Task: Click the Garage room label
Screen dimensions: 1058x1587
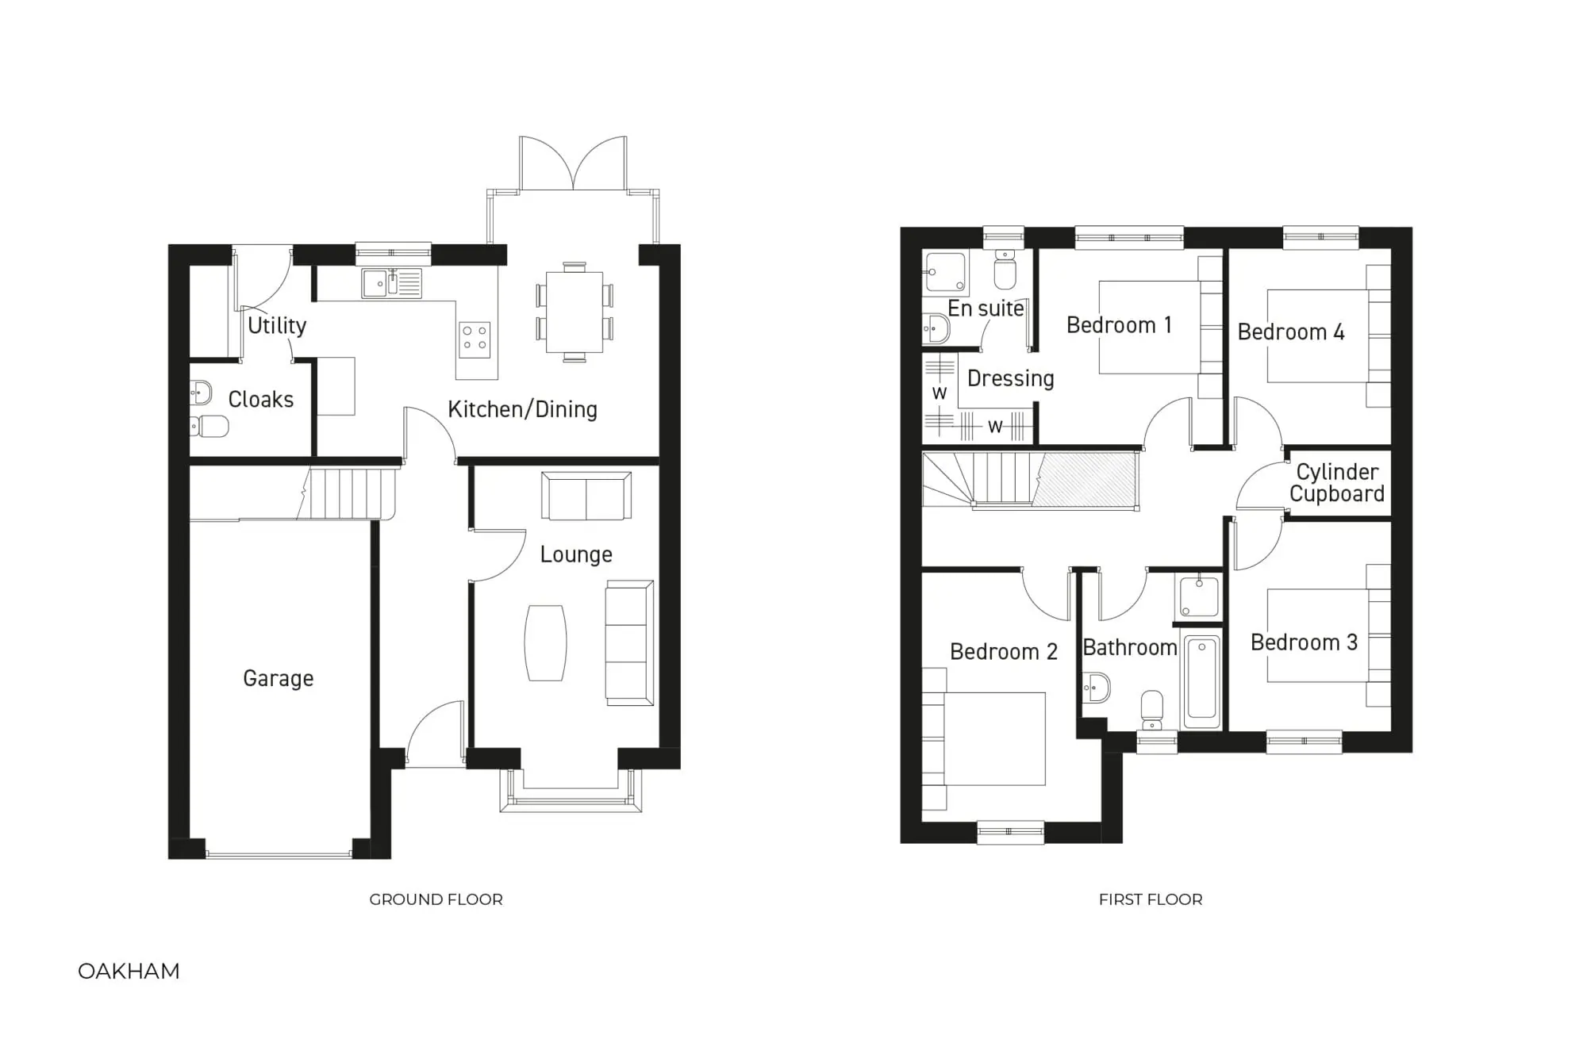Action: coord(278,678)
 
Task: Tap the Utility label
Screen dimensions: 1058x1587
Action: coord(277,325)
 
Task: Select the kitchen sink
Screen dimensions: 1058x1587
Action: coord(391,283)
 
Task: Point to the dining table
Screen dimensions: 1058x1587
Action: coord(574,312)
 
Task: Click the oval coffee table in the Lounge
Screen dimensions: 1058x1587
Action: coord(546,642)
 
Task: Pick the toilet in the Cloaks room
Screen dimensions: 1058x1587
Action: coord(210,426)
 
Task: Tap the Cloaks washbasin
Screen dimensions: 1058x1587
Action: coord(201,392)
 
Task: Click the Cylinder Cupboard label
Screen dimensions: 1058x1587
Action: coord(1337,483)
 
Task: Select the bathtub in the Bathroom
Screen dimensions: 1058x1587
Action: coord(1201,680)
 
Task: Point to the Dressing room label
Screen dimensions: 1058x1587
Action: coord(1010,378)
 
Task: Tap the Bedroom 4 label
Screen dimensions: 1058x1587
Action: coord(1290,332)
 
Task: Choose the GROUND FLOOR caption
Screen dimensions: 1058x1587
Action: coord(436,899)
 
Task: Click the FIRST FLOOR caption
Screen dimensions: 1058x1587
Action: coord(1151,899)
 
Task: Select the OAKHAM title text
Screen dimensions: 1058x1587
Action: coord(129,972)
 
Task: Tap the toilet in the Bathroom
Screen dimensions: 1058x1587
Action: coord(1151,708)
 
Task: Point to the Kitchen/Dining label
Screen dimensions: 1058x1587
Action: coord(522,409)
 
